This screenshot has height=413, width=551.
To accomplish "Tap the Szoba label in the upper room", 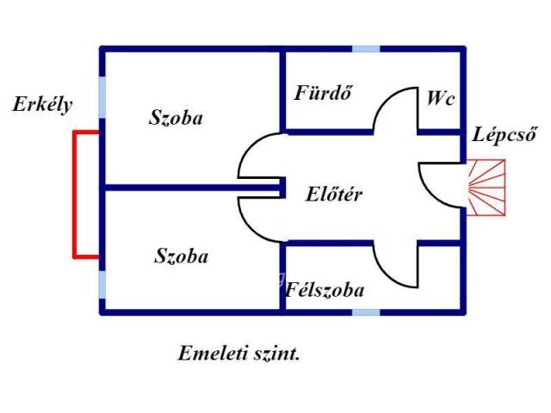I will point(176,118).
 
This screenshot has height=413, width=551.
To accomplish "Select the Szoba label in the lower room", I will point(182,256).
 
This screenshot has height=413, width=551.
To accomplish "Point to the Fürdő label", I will point(324,92).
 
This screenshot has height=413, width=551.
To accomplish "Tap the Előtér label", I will point(334,194).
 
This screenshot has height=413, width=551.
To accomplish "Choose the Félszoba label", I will point(325,290).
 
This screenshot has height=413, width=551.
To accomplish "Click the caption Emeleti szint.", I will point(239,353).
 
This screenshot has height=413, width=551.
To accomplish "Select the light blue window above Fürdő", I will point(365,49).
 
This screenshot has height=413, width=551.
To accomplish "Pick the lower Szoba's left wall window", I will point(102,284).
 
